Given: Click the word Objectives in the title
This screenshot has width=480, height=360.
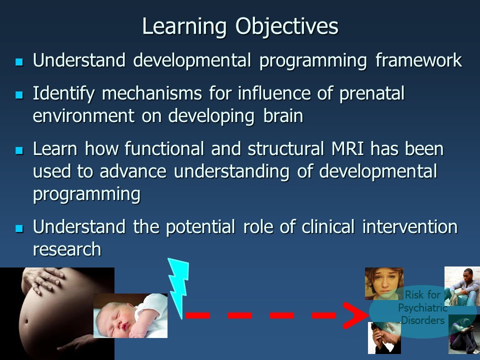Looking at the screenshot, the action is pos(287,27).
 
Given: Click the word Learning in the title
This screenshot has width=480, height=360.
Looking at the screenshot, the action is pos(184,27).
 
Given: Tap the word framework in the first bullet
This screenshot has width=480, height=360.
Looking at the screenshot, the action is pos(419,60).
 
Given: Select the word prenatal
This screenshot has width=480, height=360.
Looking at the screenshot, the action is pos(372,93).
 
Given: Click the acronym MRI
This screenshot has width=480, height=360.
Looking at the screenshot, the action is pos(348,149).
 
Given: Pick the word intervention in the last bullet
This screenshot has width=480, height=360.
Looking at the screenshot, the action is pos(410,227).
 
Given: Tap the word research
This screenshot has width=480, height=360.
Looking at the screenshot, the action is pos(67,249).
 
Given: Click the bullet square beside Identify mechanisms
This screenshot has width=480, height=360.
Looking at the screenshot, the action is pos(19,95).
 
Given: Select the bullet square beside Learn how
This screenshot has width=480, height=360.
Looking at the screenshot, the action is pos(19,150).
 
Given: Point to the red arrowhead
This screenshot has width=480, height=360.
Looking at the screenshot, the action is pos(355,315).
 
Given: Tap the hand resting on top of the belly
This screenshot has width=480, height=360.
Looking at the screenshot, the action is pos(43,279).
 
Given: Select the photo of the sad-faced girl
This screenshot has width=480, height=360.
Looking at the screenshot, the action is pos(384,283).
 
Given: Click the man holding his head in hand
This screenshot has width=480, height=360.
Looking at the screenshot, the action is pos(384,338).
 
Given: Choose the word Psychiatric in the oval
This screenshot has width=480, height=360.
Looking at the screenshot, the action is pos(422,308).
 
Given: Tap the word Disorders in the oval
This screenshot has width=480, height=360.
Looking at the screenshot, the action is pos(423,320).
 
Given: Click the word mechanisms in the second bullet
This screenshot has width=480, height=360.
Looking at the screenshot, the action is pos(152,93).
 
